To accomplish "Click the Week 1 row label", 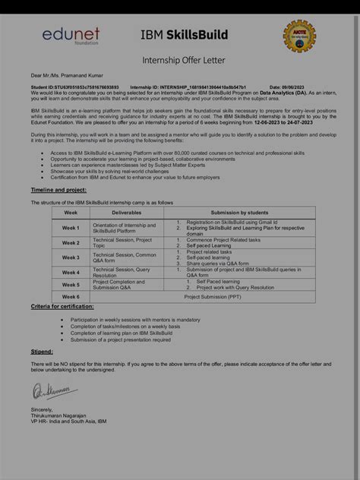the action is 71,227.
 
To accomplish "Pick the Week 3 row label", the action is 71,257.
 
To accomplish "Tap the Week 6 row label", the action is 71,296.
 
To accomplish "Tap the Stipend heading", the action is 42,352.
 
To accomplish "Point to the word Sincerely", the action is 43,408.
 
